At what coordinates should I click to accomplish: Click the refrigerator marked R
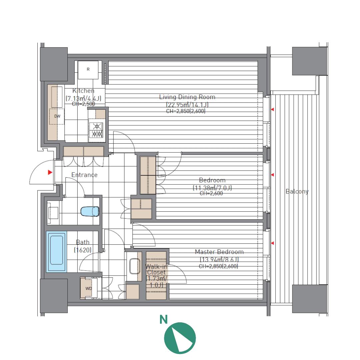coord(88,70)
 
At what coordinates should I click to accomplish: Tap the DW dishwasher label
coord(57,116)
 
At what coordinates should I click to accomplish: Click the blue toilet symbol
coord(90,211)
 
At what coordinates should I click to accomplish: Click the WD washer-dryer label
coord(89,289)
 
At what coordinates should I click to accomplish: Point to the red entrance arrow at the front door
coord(50,172)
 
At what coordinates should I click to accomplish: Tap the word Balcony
coord(297,191)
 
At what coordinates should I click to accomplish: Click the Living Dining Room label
coord(187,97)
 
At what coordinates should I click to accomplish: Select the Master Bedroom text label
coord(219,252)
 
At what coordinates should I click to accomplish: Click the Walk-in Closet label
coord(156,270)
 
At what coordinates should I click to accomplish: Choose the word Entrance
coord(84,175)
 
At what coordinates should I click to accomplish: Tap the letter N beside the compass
coord(164,320)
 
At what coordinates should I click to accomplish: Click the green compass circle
coord(180,338)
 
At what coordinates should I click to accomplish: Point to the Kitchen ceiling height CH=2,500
coord(84,104)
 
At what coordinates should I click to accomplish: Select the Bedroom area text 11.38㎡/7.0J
coord(212,188)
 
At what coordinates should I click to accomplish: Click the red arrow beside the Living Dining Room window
coord(272,110)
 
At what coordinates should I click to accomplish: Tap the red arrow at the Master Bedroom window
coord(272,243)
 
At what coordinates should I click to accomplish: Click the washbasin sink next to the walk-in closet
coord(135,266)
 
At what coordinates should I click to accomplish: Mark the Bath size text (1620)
coord(83,250)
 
